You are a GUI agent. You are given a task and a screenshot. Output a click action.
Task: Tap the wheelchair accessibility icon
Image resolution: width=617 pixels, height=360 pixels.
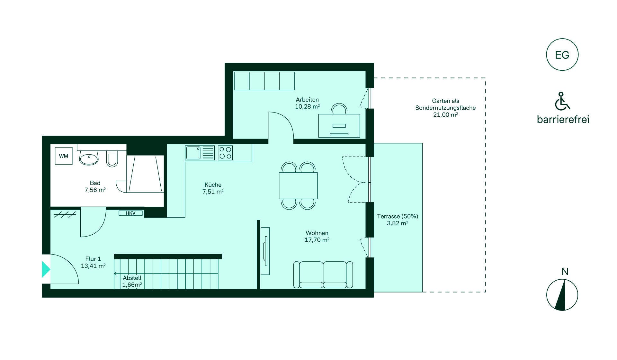pos(562,101)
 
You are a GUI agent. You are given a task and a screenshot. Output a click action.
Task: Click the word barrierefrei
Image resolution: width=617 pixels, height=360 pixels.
pos(563,120)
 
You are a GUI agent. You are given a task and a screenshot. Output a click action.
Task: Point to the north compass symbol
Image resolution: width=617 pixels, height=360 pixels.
pos(562,295)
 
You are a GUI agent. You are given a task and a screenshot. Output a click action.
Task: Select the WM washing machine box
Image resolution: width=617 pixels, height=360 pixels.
pos(64,156)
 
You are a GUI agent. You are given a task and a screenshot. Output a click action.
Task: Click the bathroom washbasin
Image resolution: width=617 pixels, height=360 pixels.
pos(89,158)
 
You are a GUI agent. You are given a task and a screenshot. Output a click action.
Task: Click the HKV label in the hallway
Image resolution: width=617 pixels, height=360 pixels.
pos(130,213)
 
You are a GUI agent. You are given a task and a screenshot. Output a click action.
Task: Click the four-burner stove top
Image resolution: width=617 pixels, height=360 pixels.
pos(225,153)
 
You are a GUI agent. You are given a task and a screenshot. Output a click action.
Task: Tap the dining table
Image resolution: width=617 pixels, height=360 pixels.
pos(298,186)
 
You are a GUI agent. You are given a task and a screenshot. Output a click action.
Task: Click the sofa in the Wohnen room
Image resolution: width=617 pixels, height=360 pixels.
pos(323,274)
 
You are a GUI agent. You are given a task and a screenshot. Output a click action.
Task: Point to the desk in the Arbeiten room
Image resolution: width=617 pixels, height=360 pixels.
pos(339,126)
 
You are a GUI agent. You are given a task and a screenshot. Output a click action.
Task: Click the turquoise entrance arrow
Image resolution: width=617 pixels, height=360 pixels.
pos(46,269)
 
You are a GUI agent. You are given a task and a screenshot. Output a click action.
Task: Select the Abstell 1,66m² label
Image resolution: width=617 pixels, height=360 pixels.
pos(132,281)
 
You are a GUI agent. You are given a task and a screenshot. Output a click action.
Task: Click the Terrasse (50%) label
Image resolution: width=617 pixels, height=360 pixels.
pos(398,216)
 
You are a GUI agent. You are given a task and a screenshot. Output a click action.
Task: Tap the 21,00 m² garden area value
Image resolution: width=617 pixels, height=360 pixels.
pos(445,115)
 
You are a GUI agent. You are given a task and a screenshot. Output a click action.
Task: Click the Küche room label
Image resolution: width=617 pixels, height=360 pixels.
pos(213,185)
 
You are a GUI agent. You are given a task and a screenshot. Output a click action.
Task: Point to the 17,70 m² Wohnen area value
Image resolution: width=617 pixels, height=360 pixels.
pos(317,240)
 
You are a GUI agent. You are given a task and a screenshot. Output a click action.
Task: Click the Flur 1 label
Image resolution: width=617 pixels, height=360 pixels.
pos(93,259)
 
